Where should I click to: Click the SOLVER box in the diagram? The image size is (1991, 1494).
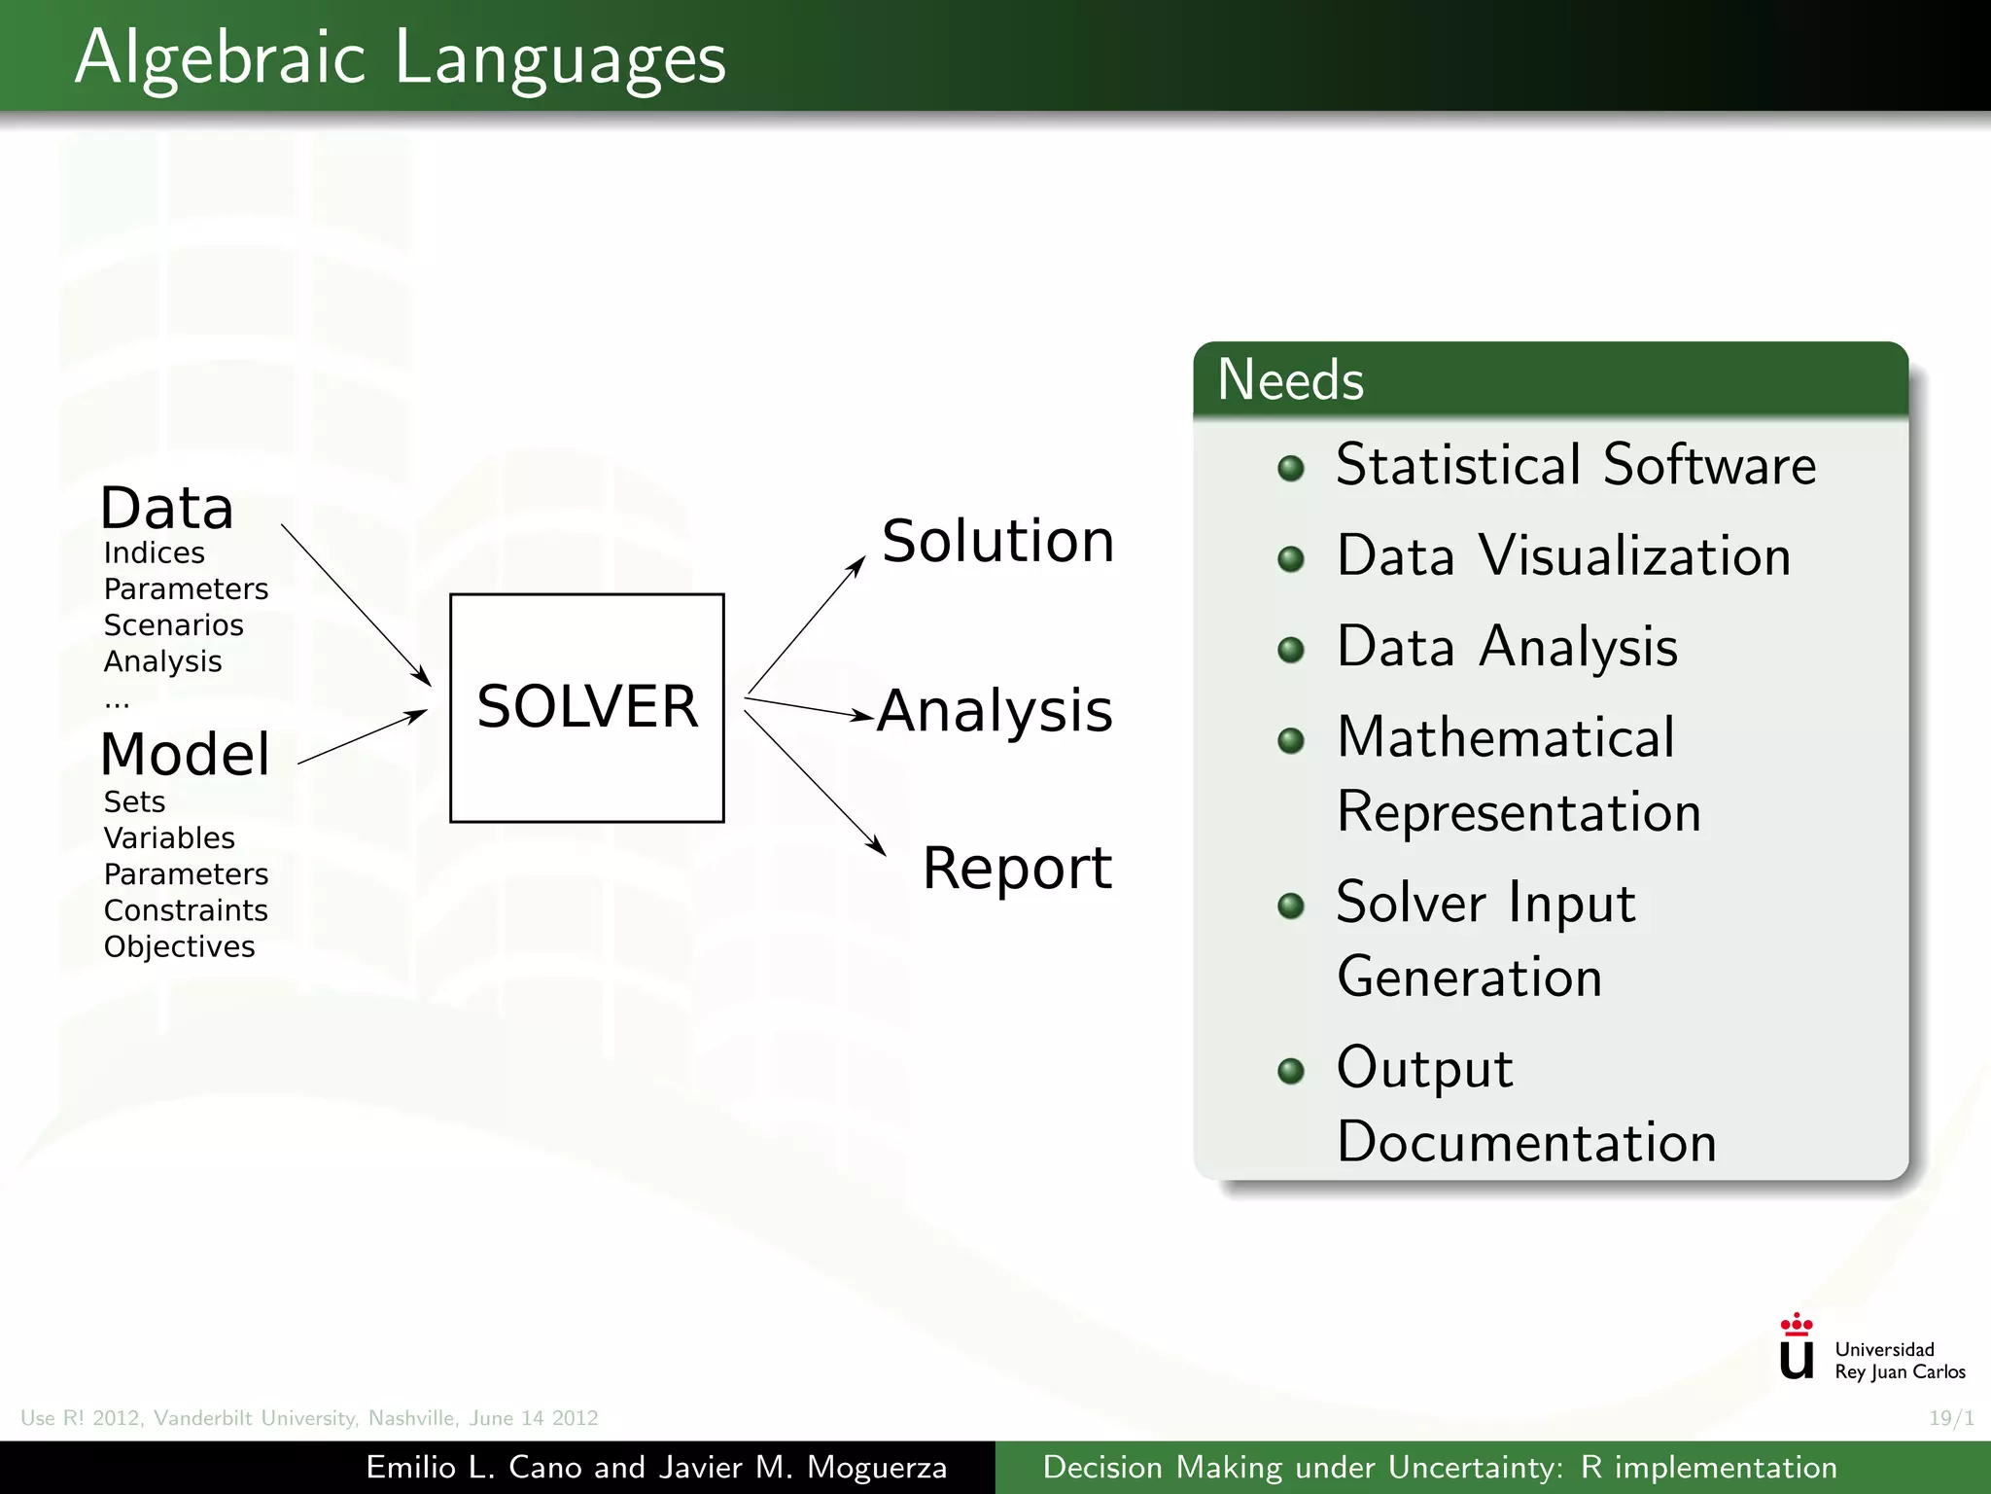[x=586, y=707]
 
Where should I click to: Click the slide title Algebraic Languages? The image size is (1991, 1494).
[x=400, y=57]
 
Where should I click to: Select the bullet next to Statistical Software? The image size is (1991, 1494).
[x=1290, y=469]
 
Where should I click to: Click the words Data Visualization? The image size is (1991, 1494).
[x=1562, y=556]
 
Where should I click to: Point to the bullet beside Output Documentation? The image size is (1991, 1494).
[x=1290, y=1071]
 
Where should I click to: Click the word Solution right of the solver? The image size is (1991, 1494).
[x=997, y=541]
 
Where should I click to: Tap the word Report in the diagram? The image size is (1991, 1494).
[x=1016, y=868]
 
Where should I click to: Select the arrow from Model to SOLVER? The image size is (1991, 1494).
[x=362, y=737]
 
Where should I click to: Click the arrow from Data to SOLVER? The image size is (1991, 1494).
[x=355, y=603]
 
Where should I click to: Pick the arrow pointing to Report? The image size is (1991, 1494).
[x=815, y=783]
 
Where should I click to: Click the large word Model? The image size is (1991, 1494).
[x=185, y=754]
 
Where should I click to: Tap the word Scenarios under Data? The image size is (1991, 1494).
[x=173, y=624]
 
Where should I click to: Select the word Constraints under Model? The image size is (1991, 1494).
[x=186, y=910]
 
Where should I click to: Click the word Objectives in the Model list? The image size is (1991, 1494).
[x=179, y=946]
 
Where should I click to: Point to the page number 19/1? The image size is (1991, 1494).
[x=1950, y=1418]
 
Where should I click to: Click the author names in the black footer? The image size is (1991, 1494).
[x=656, y=1467]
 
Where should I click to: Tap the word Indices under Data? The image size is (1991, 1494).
[x=154, y=552]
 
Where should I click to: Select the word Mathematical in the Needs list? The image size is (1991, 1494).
[x=1505, y=737]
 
